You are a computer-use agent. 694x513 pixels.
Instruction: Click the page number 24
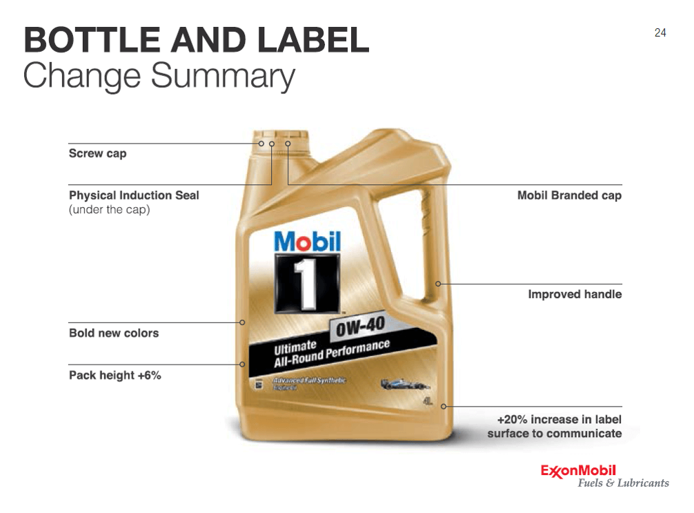(660, 32)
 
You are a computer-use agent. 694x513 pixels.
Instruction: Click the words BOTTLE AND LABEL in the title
(196, 41)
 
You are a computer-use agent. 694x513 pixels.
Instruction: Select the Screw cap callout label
(97, 153)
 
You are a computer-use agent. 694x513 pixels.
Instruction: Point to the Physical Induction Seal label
(134, 195)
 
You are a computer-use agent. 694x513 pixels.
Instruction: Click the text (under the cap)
(109, 209)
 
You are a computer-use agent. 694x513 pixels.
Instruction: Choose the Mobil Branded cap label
(569, 195)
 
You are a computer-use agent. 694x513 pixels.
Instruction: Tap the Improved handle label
(575, 294)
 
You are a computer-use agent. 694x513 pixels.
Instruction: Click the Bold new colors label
(114, 333)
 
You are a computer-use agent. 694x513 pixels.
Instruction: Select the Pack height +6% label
(115, 376)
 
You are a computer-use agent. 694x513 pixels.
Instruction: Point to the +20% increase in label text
(559, 419)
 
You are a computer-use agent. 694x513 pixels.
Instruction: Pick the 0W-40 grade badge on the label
(360, 327)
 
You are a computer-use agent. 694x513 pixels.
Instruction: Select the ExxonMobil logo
(577, 470)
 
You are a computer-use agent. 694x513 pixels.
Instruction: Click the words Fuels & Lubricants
(623, 483)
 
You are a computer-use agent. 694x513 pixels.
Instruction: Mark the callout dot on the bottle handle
(437, 284)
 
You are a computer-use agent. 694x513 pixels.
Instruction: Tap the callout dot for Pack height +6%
(243, 365)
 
